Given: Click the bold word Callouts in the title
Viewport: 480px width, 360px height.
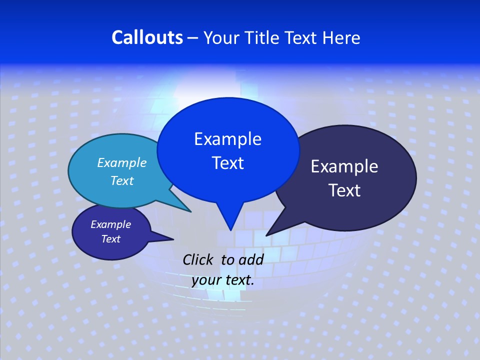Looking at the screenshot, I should point(147,37).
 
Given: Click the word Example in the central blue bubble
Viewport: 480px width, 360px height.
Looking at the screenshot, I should point(227,139).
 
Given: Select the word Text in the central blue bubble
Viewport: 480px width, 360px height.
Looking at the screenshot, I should point(227,163).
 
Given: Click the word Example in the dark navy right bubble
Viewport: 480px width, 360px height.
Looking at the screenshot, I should point(344,166).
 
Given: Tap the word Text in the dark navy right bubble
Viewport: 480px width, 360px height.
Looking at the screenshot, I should point(344,190).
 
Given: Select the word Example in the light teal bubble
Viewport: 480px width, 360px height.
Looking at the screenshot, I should point(121,162).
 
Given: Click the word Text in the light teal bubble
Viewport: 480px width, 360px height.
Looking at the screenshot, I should point(121,180).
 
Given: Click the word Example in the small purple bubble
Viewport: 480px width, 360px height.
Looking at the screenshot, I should point(110,224).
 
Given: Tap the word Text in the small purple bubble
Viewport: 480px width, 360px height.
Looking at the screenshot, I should point(110,239).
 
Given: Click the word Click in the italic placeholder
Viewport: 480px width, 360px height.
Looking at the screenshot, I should point(198,259).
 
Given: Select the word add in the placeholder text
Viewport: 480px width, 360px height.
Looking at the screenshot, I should point(251,259).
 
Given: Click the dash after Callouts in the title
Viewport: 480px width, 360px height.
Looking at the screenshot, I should point(193,38).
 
